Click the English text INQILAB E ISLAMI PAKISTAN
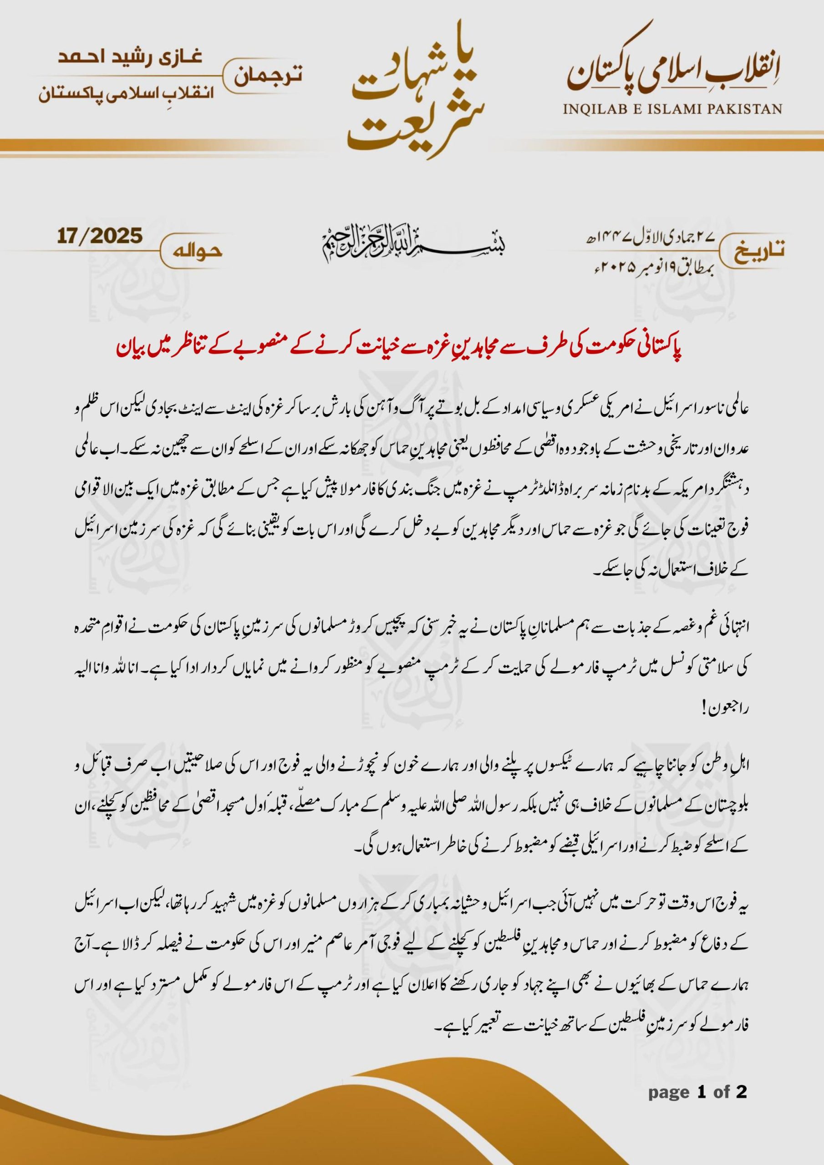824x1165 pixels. (x=672, y=109)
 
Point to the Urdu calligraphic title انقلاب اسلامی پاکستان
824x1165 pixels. (x=672, y=76)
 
